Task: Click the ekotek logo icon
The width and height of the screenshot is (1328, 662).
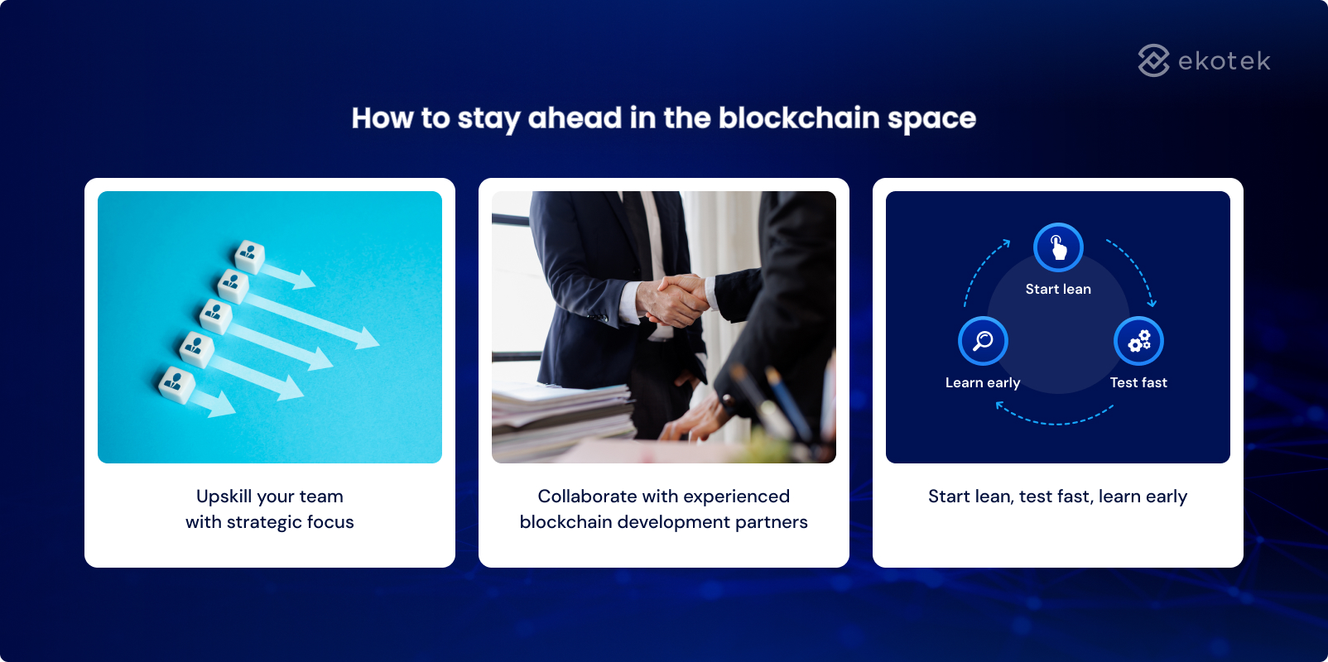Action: click(1153, 60)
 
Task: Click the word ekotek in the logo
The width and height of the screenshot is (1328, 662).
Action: click(1224, 61)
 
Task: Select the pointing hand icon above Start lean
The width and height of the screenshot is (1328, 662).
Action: click(1058, 247)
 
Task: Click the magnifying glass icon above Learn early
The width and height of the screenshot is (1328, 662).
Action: click(983, 341)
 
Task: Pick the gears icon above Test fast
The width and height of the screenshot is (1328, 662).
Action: click(1138, 341)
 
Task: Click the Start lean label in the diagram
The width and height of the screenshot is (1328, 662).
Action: click(1058, 290)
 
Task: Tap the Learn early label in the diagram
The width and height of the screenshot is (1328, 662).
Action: click(983, 383)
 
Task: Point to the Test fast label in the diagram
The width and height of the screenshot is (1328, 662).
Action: click(1138, 383)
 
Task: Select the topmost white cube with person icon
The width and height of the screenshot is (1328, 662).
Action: click(249, 256)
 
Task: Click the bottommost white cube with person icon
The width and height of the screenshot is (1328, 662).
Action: click(176, 384)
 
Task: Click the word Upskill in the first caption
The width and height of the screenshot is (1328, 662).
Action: click(224, 496)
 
